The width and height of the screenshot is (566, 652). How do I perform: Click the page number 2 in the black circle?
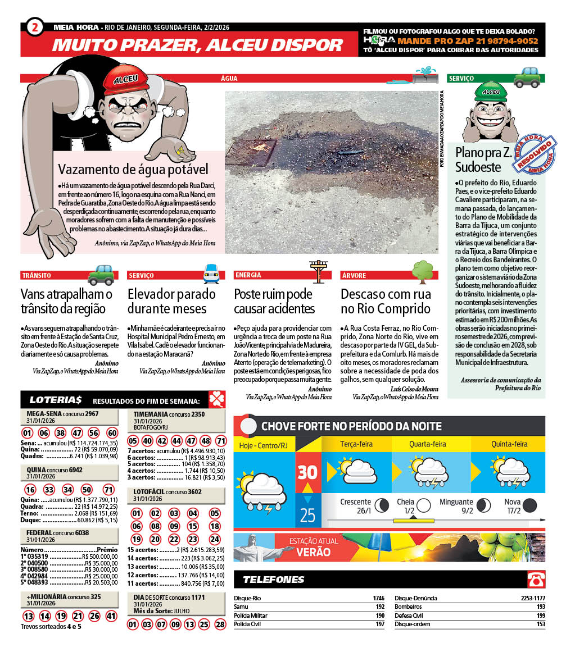coord(35,27)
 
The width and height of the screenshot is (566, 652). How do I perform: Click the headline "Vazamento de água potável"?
coord(133,169)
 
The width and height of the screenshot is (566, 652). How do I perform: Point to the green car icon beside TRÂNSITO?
coord(102,274)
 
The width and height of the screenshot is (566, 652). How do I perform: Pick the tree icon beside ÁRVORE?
coord(423,271)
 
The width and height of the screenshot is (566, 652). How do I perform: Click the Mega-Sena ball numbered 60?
coord(112,433)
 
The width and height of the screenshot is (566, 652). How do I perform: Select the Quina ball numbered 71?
coord(109,490)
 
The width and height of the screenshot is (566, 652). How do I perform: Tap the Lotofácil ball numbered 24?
coord(215,539)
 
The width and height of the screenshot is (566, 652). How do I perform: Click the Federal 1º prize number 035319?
coord(34,556)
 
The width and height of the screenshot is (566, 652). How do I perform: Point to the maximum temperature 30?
coord(308,472)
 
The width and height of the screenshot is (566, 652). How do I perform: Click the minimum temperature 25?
coord(307,514)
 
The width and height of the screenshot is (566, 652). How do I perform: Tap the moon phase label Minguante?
coord(456,502)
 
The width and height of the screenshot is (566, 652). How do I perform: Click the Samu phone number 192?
coord(379,607)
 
